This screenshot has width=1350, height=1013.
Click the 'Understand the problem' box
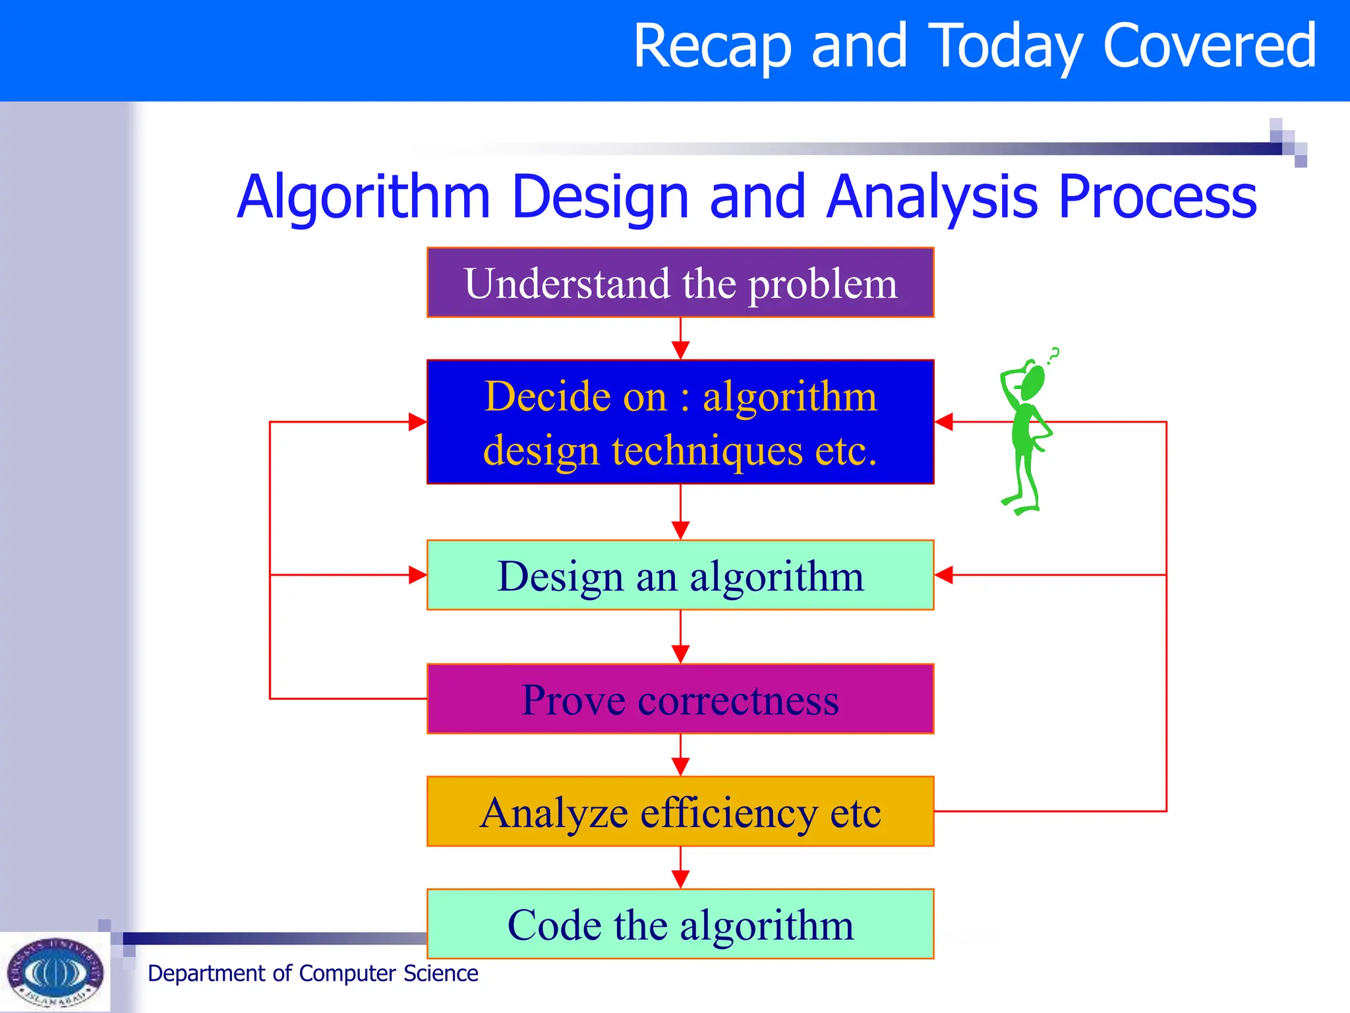680,283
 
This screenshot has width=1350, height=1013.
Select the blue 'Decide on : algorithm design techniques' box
680,422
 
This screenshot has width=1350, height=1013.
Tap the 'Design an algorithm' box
680,575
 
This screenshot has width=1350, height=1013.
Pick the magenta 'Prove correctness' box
680,699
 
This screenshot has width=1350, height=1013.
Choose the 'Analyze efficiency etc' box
680,812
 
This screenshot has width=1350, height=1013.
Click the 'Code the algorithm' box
680,924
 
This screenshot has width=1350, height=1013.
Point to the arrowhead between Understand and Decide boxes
680,350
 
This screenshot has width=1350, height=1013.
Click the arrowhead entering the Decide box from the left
417,422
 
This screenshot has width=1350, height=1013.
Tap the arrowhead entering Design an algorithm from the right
944,575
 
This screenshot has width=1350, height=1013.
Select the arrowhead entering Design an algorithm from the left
417,575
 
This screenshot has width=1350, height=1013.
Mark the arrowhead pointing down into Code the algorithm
680,879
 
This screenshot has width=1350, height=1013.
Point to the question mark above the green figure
1054,355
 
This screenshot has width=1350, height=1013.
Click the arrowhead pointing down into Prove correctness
680,654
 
